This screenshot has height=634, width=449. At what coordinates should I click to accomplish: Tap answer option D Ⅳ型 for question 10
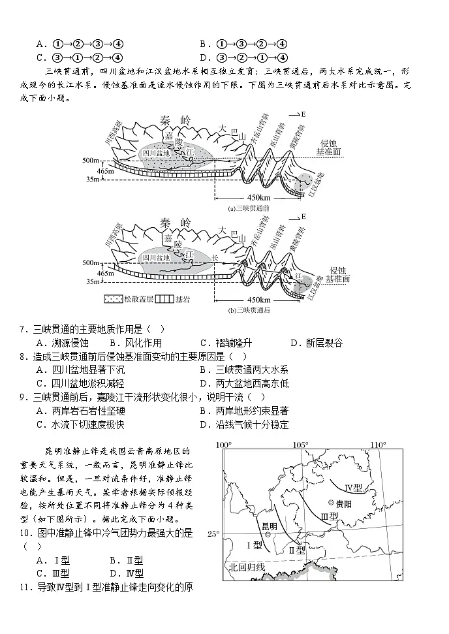tap(126, 573)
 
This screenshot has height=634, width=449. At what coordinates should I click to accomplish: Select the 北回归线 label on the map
tap(245, 567)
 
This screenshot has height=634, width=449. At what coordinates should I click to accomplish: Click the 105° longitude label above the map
tap(301, 445)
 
